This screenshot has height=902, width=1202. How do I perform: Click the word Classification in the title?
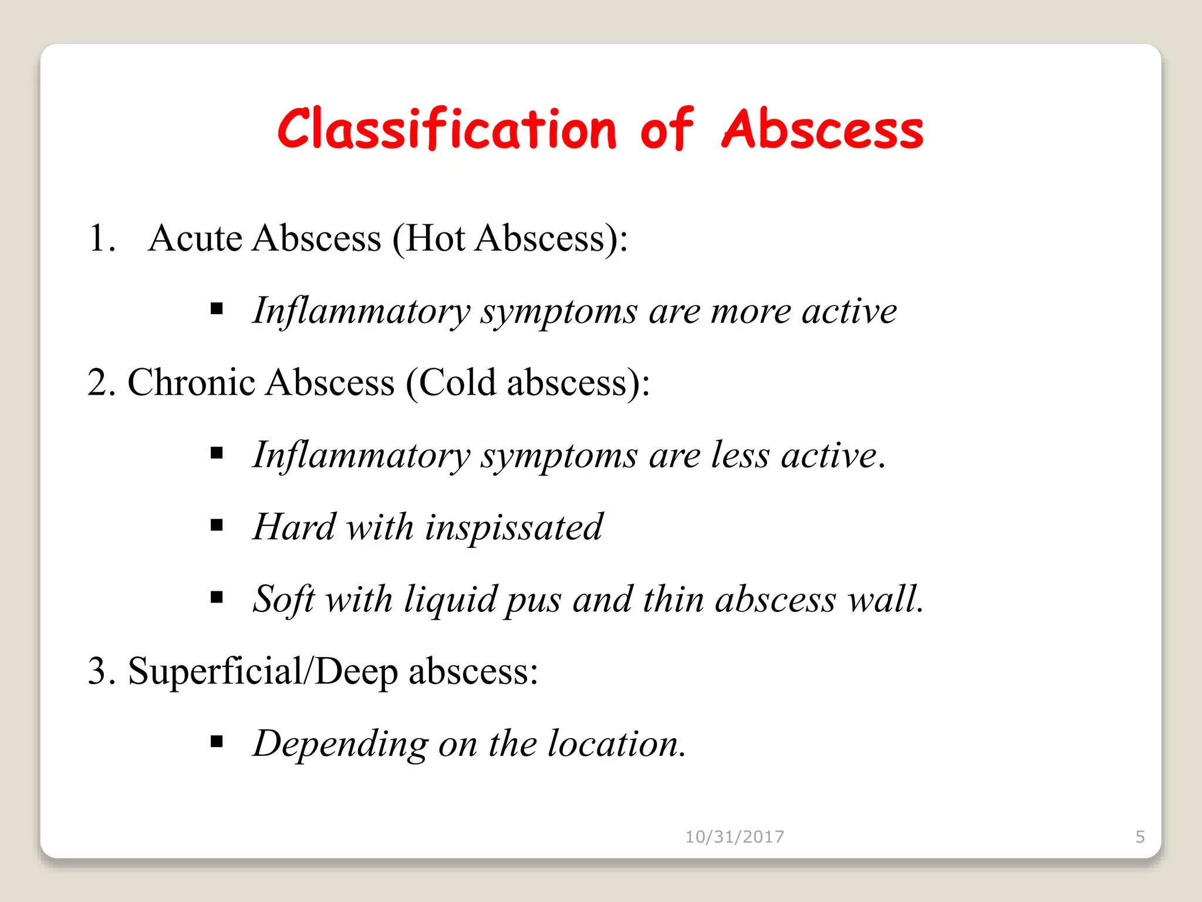click(x=447, y=129)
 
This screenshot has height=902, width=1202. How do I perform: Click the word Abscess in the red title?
click(x=822, y=129)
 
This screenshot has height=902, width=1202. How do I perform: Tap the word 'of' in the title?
click(x=667, y=129)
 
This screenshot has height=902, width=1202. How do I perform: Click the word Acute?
click(x=195, y=238)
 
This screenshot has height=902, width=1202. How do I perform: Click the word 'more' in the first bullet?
click(x=751, y=311)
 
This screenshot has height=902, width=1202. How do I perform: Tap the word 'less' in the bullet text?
click(x=740, y=456)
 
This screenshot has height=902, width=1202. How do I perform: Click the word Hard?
click(x=294, y=527)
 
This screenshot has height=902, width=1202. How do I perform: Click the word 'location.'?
click(x=617, y=744)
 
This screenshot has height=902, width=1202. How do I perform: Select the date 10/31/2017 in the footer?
click(x=734, y=837)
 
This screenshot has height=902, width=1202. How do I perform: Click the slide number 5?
click(x=1140, y=837)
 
